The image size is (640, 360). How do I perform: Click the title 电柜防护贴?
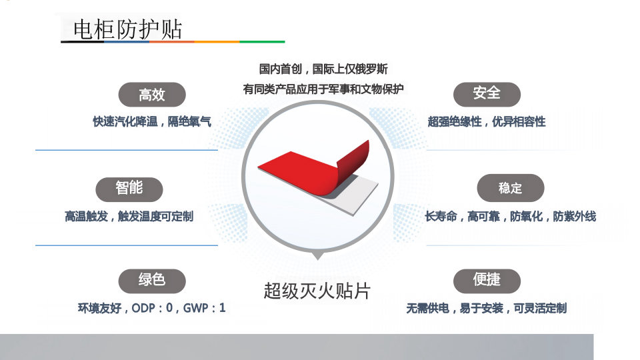[x=128, y=29]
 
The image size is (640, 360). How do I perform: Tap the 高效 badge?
[x=152, y=95]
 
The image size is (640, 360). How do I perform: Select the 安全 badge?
[x=487, y=94]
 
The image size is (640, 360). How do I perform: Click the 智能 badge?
[x=129, y=189]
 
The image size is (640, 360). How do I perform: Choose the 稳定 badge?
[x=511, y=188]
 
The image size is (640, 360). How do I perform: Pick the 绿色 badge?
[x=152, y=281]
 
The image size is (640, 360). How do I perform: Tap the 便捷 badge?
[x=487, y=281]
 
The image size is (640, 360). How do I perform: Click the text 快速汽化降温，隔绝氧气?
[x=152, y=121]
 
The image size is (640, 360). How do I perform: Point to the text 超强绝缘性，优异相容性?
[x=487, y=121]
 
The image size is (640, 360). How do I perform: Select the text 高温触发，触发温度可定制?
[x=129, y=216]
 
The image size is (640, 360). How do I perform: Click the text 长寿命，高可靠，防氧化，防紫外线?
[x=511, y=216]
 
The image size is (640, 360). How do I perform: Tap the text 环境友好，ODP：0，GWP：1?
[x=151, y=308]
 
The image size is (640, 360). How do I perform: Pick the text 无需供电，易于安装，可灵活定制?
[x=487, y=308]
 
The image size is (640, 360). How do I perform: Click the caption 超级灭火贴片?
[x=317, y=291]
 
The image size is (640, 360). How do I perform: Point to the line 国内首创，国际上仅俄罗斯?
[x=323, y=69]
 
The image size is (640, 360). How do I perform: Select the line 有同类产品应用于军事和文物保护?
[x=323, y=89]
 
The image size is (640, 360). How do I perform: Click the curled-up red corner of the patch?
[x=354, y=161]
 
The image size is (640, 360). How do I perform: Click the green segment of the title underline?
[x=262, y=41]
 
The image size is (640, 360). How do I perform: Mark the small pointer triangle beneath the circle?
[x=317, y=256]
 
